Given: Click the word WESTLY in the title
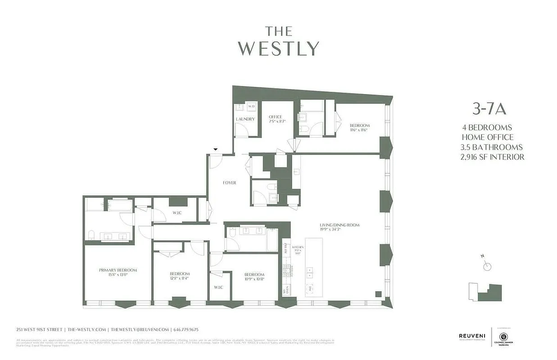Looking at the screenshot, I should point(278,48).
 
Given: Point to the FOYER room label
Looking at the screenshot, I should point(229,183).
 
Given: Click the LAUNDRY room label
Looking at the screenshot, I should point(245,119).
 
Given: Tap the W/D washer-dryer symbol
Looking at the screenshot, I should point(251,106).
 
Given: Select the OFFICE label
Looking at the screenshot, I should point(275,117).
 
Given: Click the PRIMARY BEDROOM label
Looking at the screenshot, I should point(118,270).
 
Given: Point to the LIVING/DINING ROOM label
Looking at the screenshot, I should point(340,225).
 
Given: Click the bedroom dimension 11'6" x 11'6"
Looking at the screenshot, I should point(359,130).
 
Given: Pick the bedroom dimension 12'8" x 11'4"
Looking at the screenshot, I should point(179,279).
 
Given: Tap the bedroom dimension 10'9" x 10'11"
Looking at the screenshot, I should point(254,279).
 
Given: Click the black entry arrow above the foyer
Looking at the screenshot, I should point(216,149).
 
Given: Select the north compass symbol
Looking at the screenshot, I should point(486,265).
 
